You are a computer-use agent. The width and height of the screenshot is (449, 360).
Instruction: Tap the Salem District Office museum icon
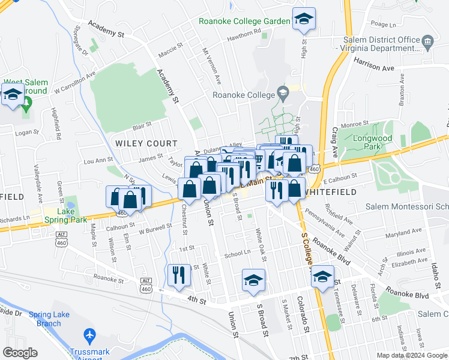(x=428, y=41)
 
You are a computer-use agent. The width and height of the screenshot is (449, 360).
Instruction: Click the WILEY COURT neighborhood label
(x=146, y=143)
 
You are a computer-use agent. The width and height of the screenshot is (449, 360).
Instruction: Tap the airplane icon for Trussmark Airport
(x=90, y=334)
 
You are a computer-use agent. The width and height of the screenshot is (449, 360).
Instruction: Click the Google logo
(x=20, y=353)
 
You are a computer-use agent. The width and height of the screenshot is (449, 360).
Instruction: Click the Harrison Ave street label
(x=373, y=63)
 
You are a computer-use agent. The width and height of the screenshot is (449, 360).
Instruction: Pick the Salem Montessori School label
(x=408, y=206)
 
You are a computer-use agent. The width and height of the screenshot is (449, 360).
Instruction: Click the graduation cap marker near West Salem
(x=13, y=94)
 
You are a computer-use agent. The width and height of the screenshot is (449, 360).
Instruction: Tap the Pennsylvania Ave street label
(x=324, y=223)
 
